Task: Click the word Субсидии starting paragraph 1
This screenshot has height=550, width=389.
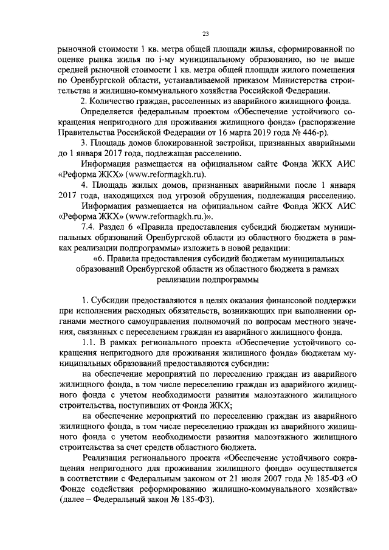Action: [111, 301]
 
